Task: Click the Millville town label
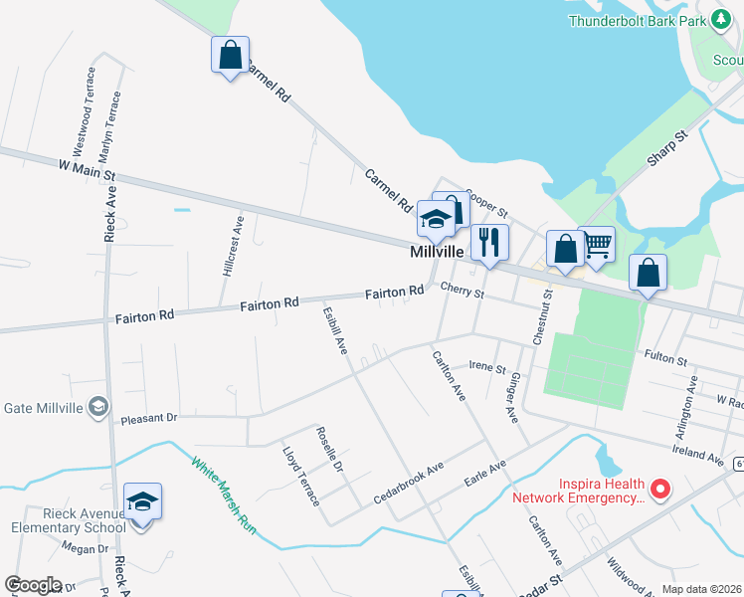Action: pos(437,253)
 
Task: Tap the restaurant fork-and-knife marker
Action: pos(488,241)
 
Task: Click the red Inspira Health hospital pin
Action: pos(658,489)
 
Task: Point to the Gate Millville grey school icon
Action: pos(97,406)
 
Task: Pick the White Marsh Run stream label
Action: pos(224,496)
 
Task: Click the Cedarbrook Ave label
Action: pos(407,482)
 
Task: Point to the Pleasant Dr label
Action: pos(148,419)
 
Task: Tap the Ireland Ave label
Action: pos(695,449)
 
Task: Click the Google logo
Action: pos(33,585)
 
